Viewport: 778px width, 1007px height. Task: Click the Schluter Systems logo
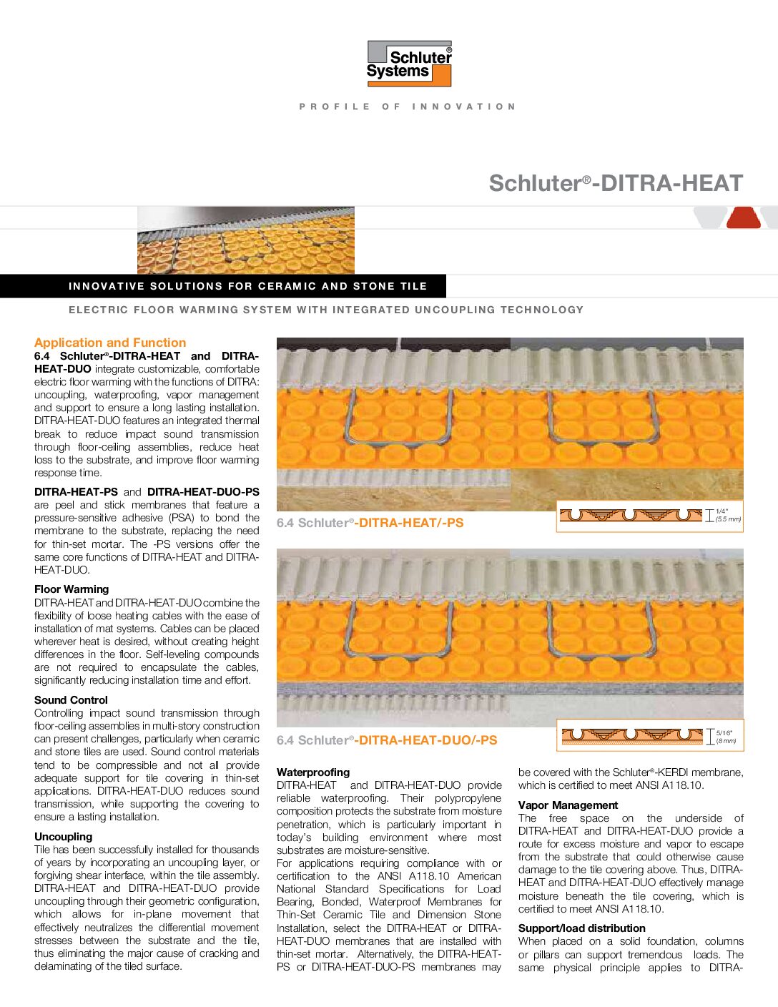tap(409, 64)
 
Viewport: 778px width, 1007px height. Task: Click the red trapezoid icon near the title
tap(744, 217)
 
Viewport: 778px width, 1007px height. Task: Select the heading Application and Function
tap(110, 343)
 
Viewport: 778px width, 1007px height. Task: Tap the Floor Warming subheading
tap(72, 589)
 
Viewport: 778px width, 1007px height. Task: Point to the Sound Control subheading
tap(71, 700)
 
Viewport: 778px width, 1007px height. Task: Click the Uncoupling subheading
tap(63, 837)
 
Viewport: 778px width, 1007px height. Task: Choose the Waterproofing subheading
tap(313, 772)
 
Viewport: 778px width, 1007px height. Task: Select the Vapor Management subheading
tap(568, 805)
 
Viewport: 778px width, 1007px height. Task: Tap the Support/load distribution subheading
tap(581, 928)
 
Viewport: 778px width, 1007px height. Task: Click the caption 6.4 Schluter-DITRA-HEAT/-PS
tap(370, 523)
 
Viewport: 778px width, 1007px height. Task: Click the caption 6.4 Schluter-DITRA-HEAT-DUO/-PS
tap(387, 740)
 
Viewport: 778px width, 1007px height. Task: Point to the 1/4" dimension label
tap(722, 511)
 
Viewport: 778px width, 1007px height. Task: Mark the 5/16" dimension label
tap(724, 732)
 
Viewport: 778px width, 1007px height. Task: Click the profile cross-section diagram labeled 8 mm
tap(632, 735)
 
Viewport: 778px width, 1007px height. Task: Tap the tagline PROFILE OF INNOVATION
tap(408, 107)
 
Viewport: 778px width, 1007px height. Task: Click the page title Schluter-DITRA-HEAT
tap(616, 183)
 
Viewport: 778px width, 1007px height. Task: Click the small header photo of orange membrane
tap(245, 240)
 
